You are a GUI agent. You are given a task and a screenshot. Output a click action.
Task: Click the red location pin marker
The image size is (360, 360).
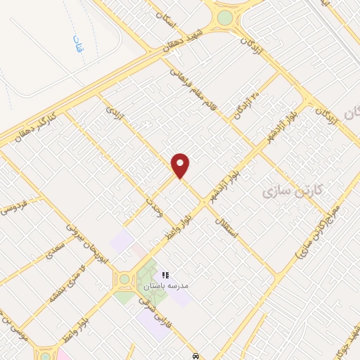[x=181, y=166]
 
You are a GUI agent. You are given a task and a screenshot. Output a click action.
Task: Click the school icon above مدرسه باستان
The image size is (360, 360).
[x=166, y=275]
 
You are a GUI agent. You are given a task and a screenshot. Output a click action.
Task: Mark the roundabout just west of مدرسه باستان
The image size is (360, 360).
[x=124, y=279]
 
